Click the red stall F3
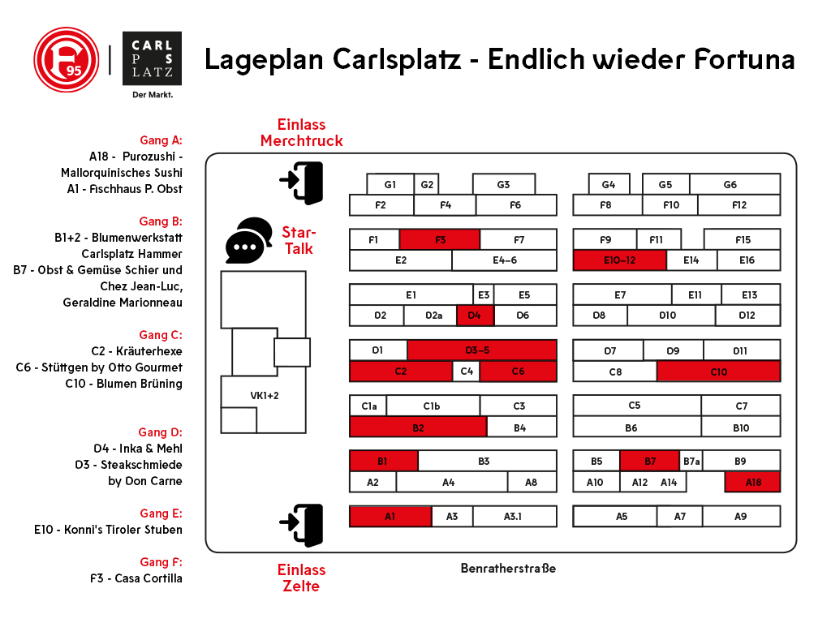(x=440, y=239)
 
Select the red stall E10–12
(x=619, y=260)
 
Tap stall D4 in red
(x=476, y=316)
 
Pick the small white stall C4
(x=466, y=372)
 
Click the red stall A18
(x=752, y=482)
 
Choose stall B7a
(x=691, y=461)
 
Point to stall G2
(x=427, y=185)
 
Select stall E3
(x=484, y=294)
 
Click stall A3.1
(x=515, y=516)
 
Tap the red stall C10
(x=718, y=372)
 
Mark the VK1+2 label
(x=265, y=395)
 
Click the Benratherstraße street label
(x=508, y=568)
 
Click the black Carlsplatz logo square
(x=151, y=59)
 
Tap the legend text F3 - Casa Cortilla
(x=136, y=578)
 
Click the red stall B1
(x=383, y=461)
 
